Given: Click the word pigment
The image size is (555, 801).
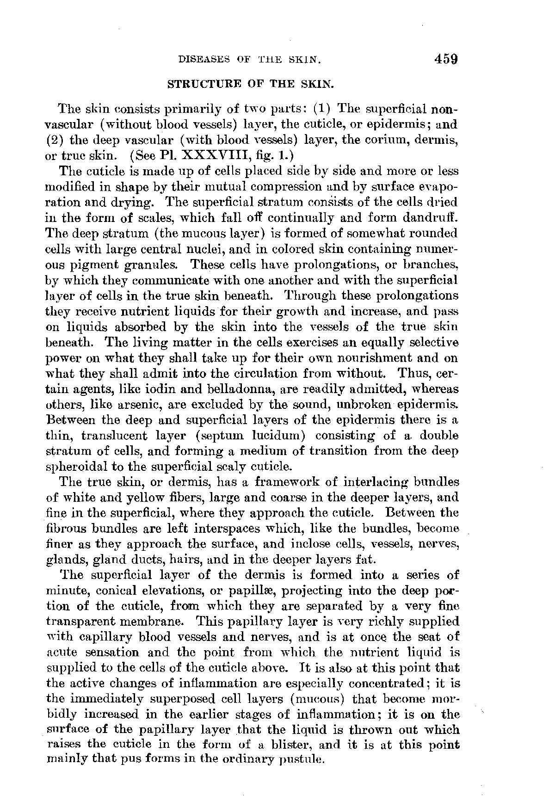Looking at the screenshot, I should (x=107, y=265).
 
